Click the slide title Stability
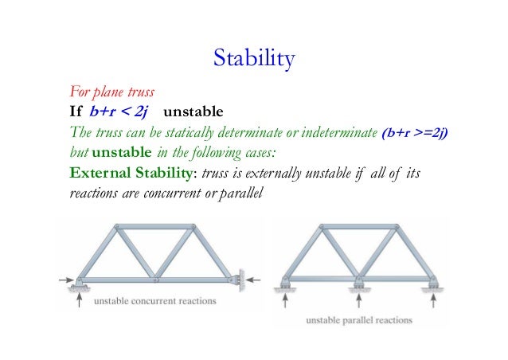pyautogui.click(x=254, y=58)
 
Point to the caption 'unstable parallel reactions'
pyautogui.click(x=361, y=320)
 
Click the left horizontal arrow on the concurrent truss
pyautogui.click(x=67, y=280)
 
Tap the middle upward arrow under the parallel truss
pyautogui.click(x=360, y=300)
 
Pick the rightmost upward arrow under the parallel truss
pyautogui.click(x=434, y=300)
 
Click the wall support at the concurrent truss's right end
pyautogui.click(x=235, y=280)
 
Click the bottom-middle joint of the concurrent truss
pyautogui.click(x=156, y=280)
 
